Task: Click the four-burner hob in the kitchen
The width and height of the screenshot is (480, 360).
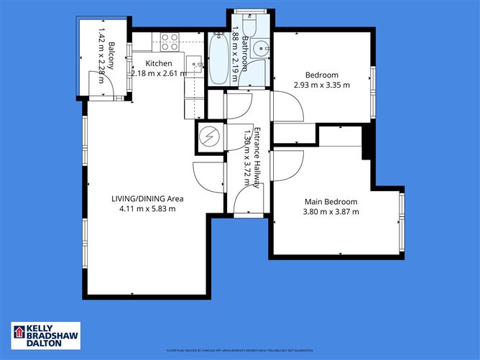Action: pos(169,45)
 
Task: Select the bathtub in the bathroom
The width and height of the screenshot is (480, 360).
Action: pos(216,59)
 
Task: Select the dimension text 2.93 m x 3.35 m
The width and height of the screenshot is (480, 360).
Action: pos(321,85)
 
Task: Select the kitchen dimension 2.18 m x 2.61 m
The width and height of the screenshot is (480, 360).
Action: pos(158,73)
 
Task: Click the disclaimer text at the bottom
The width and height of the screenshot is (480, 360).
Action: pos(239,351)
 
